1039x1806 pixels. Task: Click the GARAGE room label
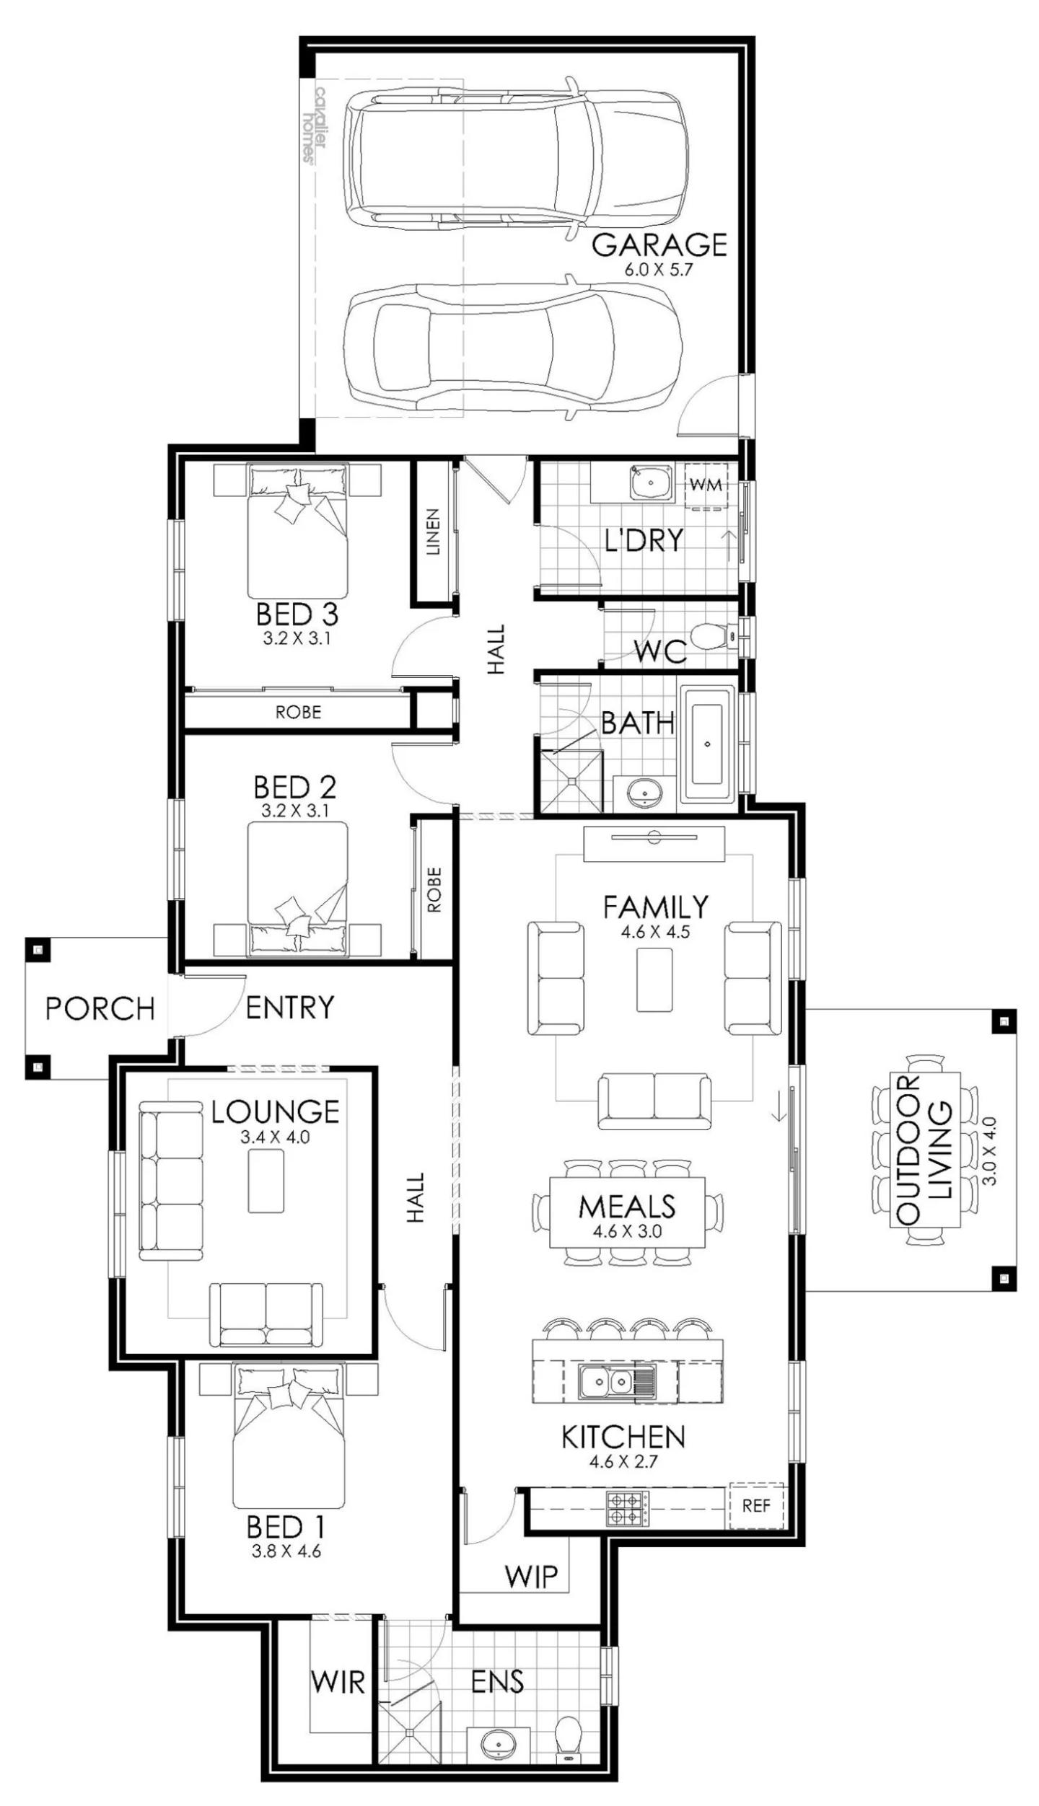pos(659,245)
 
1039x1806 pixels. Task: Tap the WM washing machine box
pos(705,485)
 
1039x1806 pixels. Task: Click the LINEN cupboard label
pos(432,532)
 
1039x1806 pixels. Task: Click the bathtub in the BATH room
pos(707,744)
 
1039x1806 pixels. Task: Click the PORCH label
pos(100,1008)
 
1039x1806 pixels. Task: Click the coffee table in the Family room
pos(654,979)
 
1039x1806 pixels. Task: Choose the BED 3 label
pos(297,615)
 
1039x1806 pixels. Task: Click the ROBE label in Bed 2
pos(434,889)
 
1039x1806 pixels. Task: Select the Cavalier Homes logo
pos(316,125)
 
